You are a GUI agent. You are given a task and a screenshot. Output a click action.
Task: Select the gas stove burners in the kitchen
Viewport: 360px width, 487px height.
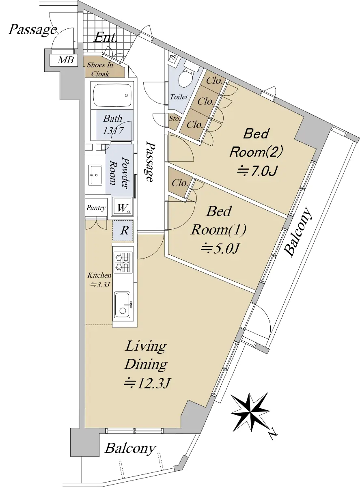[123, 262]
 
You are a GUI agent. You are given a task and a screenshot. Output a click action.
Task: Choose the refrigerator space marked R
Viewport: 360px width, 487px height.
[123, 231]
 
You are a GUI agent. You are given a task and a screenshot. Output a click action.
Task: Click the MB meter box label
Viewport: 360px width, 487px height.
[65, 60]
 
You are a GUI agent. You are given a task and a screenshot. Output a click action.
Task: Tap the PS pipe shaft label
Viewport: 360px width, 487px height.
[172, 58]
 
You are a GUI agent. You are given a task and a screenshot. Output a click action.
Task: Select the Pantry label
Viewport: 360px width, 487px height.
[96, 208]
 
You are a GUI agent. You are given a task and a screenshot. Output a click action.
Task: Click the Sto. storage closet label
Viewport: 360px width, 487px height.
[174, 119]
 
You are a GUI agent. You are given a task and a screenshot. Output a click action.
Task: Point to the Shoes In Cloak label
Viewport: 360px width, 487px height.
[100, 69]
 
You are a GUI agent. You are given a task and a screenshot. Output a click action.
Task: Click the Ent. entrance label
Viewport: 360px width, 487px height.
[106, 38]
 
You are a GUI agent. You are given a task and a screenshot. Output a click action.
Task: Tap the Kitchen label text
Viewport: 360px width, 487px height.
[99, 275]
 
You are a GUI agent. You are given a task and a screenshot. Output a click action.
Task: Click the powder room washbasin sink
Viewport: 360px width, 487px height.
[95, 175]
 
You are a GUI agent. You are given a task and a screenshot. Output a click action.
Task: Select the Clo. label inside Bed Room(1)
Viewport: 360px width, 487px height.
[180, 183]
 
